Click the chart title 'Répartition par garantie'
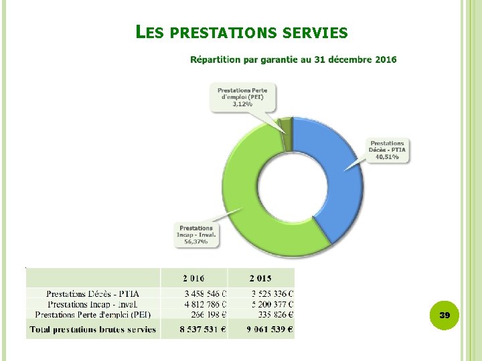pos(293,59)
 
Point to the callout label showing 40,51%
pos(387,150)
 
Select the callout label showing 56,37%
pos(196,235)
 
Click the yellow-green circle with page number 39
pos(445,314)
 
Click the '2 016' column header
pos(194,278)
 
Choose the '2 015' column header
pos(260,278)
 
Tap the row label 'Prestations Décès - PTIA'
pos(93,293)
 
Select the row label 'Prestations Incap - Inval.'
pos(93,304)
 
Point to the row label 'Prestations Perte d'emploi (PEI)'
pos(93,314)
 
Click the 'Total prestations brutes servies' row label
pos(93,329)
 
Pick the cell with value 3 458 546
pos(205,293)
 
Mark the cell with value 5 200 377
pos(272,304)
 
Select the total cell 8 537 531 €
pos(202,329)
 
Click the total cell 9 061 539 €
pos(270,329)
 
